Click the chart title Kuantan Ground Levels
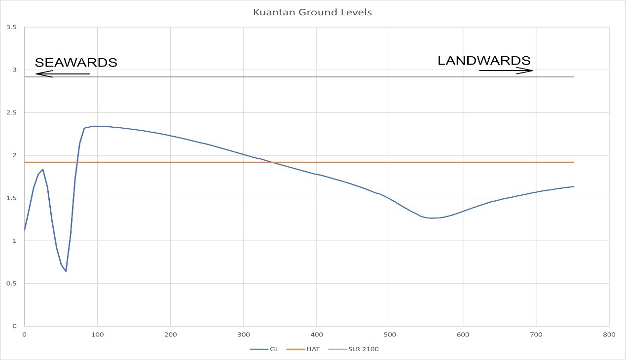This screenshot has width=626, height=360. click(312, 12)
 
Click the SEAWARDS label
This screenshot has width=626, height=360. click(76, 63)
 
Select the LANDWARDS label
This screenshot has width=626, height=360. click(484, 61)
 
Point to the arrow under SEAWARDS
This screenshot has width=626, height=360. click(62, 74)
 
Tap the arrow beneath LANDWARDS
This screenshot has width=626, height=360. click(506, 71)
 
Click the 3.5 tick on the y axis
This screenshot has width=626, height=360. click(11, 28)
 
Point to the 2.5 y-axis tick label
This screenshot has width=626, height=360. click(11, 113)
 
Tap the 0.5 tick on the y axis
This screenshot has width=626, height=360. click(11, 284)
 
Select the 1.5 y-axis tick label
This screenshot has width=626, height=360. click(11, 198)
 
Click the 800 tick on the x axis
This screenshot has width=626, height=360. click(609, 334)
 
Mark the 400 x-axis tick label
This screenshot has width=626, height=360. click(317, 334)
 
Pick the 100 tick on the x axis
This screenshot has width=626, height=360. click(97, 334)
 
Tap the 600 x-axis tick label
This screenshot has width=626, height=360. click(463, 334)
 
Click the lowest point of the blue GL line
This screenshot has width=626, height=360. click(66, 271)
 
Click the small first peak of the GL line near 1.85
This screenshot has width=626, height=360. click(43, 169)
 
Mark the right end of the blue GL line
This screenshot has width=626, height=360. click(574, 186)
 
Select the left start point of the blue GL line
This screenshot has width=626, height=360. click(24, 231)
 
